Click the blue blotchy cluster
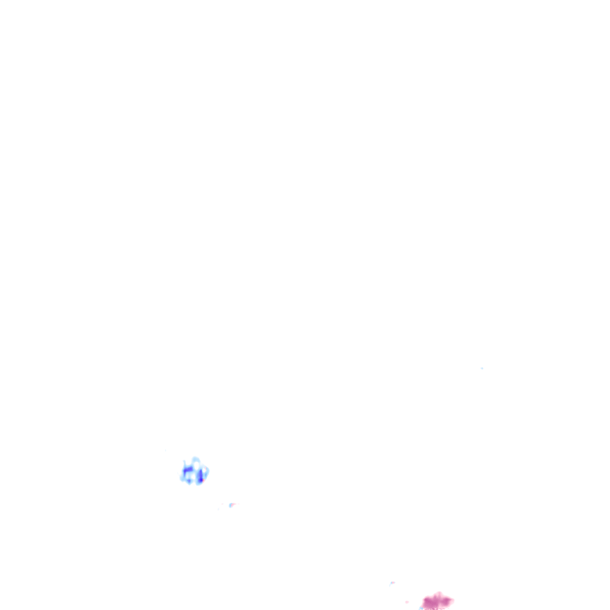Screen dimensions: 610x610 [x=194, y=472]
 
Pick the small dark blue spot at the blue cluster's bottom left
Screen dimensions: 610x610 [x=188, y=480]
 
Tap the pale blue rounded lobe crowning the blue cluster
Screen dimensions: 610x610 [x=195, y=459]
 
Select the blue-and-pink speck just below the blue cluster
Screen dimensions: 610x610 [x=232, y=505]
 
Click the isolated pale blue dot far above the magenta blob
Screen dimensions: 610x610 [x=482, y=368]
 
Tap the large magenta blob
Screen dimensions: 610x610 [x=437, y=602]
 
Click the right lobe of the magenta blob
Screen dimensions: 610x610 [x=448, y=600]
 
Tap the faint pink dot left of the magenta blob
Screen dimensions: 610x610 [x=407, y=602]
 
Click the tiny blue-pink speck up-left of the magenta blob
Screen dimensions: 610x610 [x=392, y=583]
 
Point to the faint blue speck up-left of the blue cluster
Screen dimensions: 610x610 [x=166, y=450]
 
